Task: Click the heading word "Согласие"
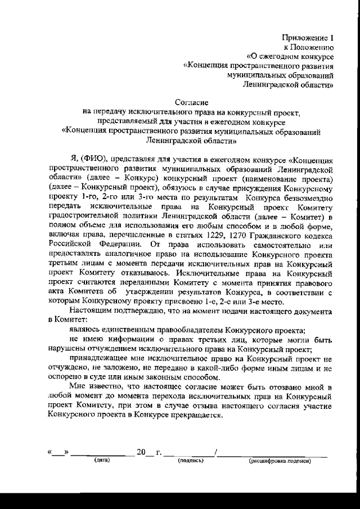point(191,103)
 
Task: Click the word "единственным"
point(130,330)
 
